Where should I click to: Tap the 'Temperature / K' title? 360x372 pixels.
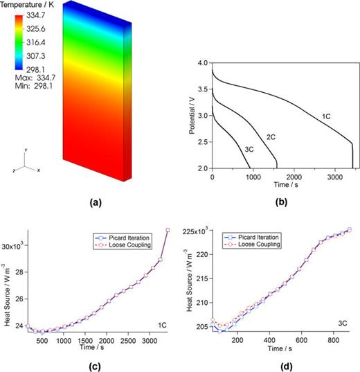pyautogui.click(x=28, y=6)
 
